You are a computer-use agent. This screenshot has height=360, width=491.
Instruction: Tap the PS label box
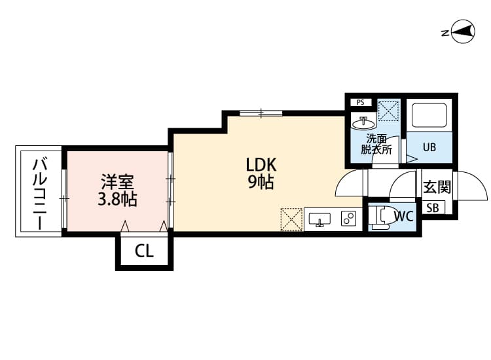tap(361, 102)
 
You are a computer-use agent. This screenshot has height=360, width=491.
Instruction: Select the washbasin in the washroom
tap(363, 123)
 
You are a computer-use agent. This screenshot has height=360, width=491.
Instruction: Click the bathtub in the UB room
tap(429, 115)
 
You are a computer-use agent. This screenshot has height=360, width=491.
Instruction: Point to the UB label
tap(429, 147)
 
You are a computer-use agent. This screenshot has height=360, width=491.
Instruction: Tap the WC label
tap(404, 216)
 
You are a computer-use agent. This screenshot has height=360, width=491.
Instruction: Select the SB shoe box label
tap(433, 208)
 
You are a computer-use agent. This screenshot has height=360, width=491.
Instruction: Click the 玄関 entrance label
tap(437, 187)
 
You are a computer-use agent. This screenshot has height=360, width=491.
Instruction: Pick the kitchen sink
tap(319, 219)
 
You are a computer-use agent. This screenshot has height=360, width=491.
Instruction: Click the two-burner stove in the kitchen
tap(348, 218)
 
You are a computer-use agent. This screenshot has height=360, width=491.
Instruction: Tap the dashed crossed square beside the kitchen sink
tap(291, 219)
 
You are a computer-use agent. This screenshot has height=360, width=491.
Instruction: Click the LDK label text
tap(261, 165)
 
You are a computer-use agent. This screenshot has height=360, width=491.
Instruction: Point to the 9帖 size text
tap(261, 182)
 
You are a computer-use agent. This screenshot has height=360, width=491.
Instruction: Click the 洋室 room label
tap(117, 182)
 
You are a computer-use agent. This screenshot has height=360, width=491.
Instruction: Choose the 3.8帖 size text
tap(117, 199)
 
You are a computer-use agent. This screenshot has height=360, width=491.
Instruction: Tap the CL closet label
tap(145, 251)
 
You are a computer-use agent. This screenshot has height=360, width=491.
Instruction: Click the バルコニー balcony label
tap(40, 194)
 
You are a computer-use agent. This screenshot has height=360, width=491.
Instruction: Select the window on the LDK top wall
tap(261, 113)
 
